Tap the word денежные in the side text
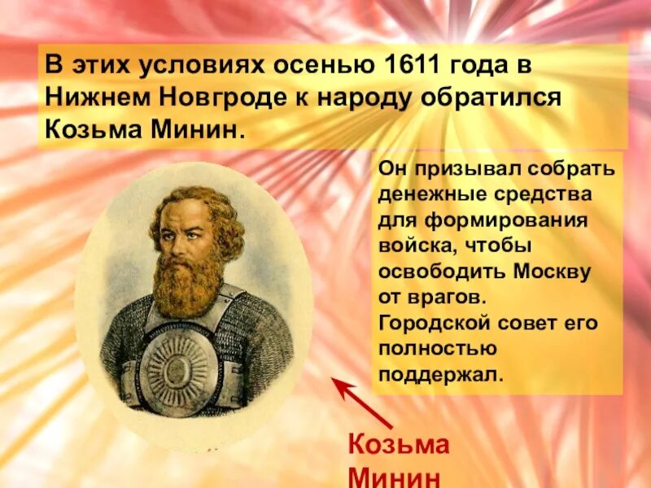(x=431, y=196)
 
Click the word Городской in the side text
(x=434, y=323)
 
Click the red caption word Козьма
(x=398, y=446)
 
